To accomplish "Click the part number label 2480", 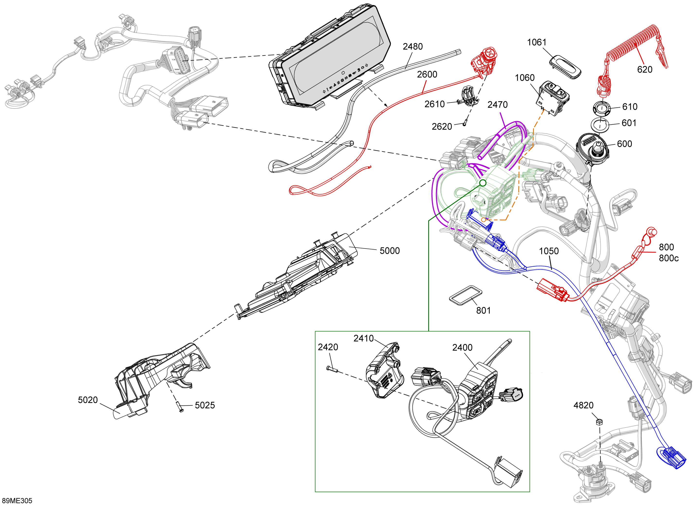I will pos(412,47).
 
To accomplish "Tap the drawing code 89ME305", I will pos(17,501).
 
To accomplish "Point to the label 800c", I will pos(669,258).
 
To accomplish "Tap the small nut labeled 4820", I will pos(600,422).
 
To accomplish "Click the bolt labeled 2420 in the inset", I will pos(332,369).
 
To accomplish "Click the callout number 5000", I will pos(390,251).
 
